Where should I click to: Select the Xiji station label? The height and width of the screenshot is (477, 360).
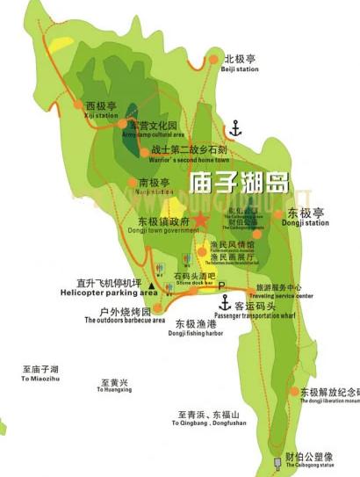[102, 110]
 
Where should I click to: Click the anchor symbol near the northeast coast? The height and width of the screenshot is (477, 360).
[234, 130]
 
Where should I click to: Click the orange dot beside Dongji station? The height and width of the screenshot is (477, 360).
[279, 213]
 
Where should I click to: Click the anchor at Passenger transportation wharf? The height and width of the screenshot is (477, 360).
[226, 303]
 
